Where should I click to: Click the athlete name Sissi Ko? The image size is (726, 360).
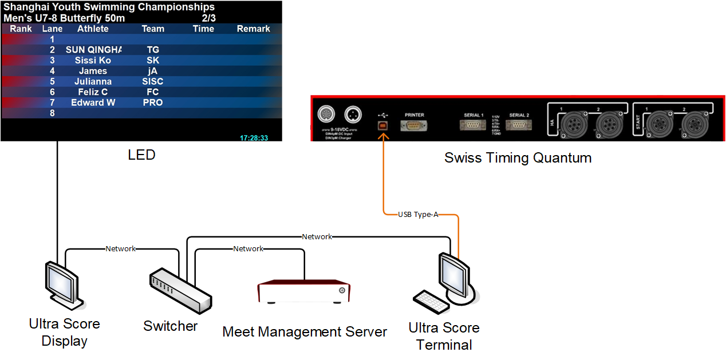(93, 60)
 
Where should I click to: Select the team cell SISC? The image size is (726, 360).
(153, 81)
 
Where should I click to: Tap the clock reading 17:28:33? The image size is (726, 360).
(254, 138)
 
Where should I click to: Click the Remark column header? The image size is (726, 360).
(253, 29)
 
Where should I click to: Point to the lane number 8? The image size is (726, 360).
(52, 113)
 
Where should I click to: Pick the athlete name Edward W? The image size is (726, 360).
(93, 102)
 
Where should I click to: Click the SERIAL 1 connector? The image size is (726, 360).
(474, 125)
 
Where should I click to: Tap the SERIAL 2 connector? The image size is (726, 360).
(519, 125)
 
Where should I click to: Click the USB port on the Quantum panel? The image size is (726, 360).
(382, 125)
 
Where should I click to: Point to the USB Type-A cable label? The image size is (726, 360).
(419, 215)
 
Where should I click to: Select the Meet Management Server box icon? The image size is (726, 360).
(303, 291)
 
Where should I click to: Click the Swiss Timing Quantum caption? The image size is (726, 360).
(518, 158)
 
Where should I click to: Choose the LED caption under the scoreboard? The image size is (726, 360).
(141, 155)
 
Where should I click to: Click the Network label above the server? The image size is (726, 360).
(248, 249)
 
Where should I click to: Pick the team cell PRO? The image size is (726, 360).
(153, 102)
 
